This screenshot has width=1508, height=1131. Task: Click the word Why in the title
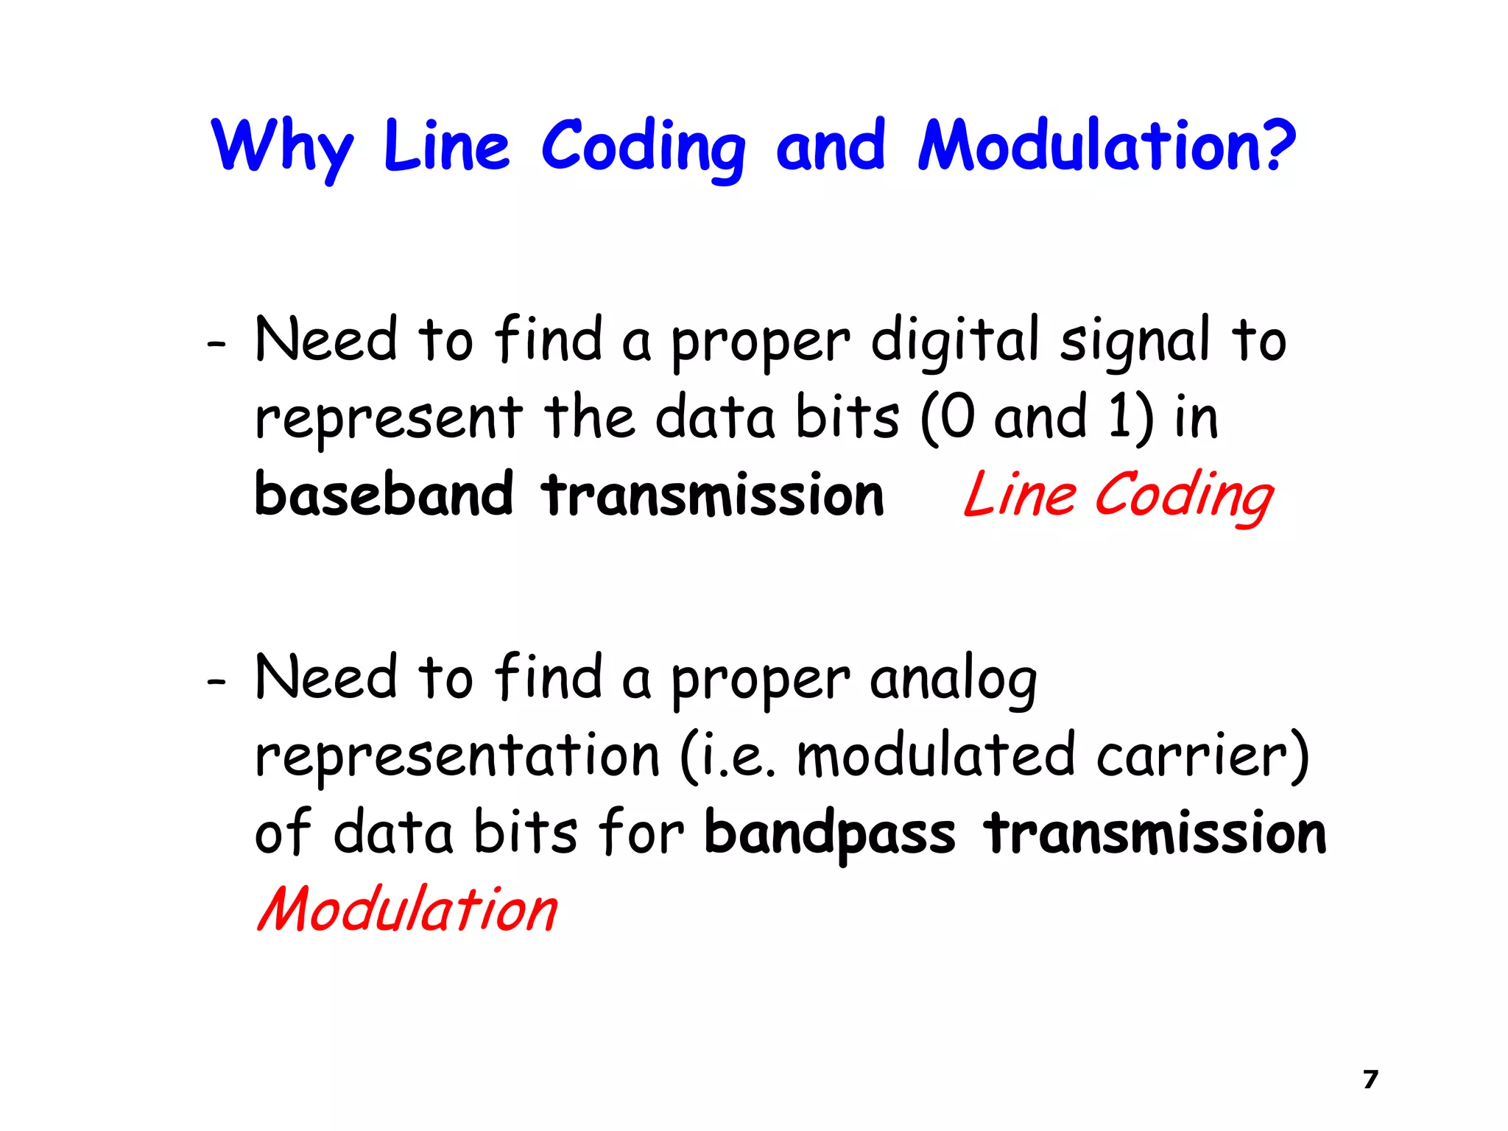282,147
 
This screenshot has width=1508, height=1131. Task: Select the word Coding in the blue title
644,147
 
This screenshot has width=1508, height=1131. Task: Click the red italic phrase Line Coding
1118,496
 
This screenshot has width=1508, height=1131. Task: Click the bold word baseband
383,494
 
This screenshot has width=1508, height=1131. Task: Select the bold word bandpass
830,834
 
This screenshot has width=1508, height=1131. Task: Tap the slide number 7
1370,1079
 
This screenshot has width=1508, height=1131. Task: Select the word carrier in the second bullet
1192,756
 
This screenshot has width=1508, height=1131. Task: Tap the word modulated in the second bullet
935,756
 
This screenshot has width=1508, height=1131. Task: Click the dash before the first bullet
216,343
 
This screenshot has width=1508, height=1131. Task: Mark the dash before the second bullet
216,682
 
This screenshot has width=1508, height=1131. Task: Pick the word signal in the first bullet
1135,341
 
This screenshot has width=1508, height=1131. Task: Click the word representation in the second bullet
457,756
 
